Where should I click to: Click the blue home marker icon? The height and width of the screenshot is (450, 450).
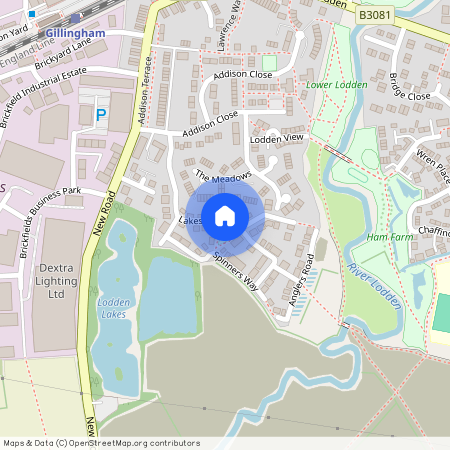pyautogui.click(x=225, y=215)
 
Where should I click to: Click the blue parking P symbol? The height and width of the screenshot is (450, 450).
pyautogui.click(x=100, y=117)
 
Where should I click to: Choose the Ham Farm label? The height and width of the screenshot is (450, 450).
pyautogui.click(x=389, y=237)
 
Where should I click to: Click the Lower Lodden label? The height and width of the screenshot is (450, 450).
pyautogui.click(x=337, y=85)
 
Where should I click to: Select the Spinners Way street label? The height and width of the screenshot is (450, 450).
pyautogui.click(x=235, y=269)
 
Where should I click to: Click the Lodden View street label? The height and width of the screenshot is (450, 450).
pyautogui.click(x=276, y=138)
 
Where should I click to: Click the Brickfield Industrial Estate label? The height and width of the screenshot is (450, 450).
pyautogui.click(x=45, y=93)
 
